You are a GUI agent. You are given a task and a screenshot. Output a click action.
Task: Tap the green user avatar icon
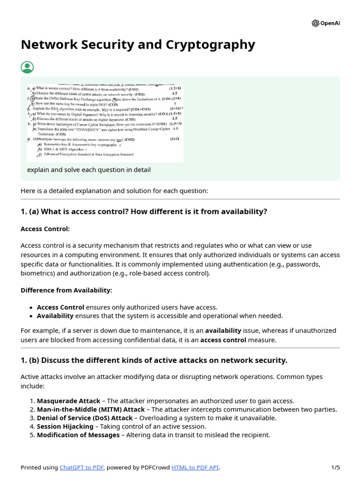(27, 67)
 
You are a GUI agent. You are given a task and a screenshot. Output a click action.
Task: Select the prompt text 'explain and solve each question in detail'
(89, 170)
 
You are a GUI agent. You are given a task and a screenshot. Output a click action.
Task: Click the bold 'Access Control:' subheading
(45, 229)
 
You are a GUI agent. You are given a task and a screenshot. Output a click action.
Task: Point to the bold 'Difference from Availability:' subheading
(66, 290)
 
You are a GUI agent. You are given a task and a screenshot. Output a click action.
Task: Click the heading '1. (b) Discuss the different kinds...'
(154, 360)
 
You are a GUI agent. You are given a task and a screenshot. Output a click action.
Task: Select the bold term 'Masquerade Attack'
(68, 401)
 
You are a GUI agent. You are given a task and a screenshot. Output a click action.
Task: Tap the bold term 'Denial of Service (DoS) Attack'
(85, 418)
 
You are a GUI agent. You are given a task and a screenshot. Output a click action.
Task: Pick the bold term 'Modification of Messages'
(78, 435)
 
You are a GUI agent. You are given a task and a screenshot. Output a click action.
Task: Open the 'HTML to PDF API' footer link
(195, 467)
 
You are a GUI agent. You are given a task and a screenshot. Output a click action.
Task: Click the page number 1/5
(335, 467)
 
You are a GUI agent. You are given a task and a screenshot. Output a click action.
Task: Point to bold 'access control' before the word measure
(223, 339)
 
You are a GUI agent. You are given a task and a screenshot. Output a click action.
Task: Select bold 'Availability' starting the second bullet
(55, 316)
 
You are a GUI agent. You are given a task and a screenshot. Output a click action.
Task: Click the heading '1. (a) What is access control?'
(144, 212)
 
